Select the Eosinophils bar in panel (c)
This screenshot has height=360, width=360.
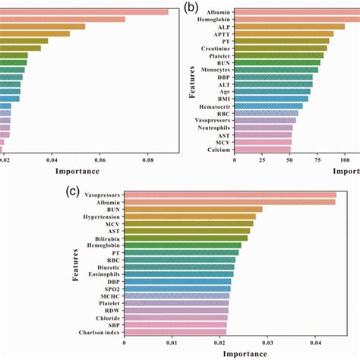point(178,274)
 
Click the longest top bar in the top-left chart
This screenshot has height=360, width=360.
point(84,11)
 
